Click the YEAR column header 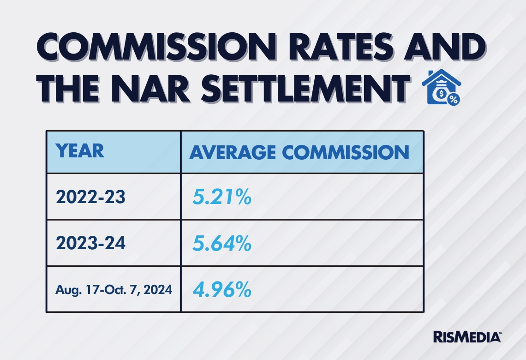(x=80, y=151)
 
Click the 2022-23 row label (x=90, y=198)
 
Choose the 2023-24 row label (x=90, y=243)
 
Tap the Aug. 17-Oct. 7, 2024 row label (x=114, y=290)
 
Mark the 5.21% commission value (x=221, y=198)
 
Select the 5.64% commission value (x=221, y=244)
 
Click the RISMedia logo (x=466, y=337)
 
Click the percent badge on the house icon (x=454, y=99)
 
